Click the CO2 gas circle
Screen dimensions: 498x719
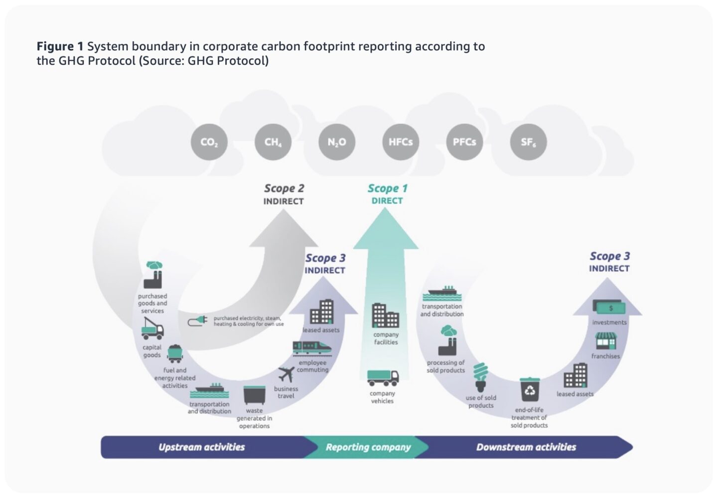[x=209, y=142]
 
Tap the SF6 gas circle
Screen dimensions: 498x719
[x=528, y=142]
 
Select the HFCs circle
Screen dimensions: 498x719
[x=401, y=142]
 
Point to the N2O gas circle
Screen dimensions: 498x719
[x=337, y=142]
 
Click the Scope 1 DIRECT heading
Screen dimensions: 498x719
[x=387, y=194]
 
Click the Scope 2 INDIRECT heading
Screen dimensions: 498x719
[x=284, y=194]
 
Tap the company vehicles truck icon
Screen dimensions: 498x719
[x=383, y=378]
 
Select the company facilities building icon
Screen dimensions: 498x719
[x=385, y=315]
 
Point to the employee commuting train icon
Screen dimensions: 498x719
[x=312, y=348]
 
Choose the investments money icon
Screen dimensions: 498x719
[x=609, y=307]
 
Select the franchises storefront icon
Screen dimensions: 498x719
[x=605, y=341]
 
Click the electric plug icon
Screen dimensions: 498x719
[x=198, y=321]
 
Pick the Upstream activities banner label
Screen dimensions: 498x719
[x=202, y=447]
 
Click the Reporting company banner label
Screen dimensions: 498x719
[x=368, y=447]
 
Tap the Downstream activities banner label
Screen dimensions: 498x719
[x=526, y=447]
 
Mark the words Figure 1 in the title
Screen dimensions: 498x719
[x=60, y=46]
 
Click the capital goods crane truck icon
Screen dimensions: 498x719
[x=152, y=329]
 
